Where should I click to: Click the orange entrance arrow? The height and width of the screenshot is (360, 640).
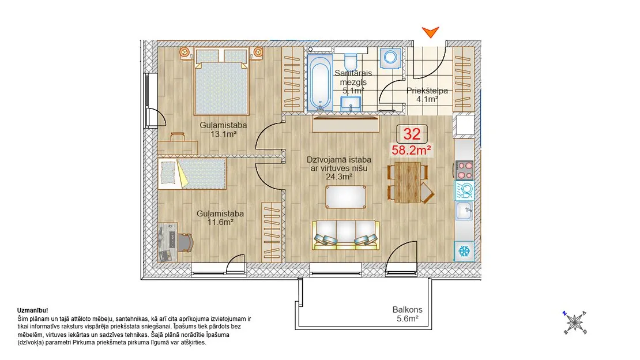pyautogui.click(x=430, y=32)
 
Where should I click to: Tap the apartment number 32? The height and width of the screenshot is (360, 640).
pyautogui.click(x=412, y=134)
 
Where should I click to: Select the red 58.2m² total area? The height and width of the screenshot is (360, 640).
pyautogui.click(x=412, y=150)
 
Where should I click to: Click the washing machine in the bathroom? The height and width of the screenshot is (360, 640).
pyautogui.click(x=390, y=58)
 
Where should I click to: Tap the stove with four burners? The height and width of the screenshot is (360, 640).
pyautogui.click(x=465, y=170)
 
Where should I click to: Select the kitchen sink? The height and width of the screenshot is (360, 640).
pyautogui.click(x=465, y=211)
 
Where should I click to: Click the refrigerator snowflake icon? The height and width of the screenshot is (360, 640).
pyautogui.click(x=464, y=251)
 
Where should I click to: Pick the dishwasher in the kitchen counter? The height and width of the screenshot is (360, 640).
pyautogui.click(x=465, y=190)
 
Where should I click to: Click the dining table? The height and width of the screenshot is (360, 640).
pyautogui.click(x=408, y=182)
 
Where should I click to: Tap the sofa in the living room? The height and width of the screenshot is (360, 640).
pyautogui.click(x=346, y=235)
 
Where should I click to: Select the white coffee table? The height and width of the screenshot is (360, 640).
pyautogui.click(x=346, y=197)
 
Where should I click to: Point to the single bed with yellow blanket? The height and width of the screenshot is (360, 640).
pyautogui.click(x=192, y=174)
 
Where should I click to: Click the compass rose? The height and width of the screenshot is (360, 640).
pyautogui.click(x=575, y=322)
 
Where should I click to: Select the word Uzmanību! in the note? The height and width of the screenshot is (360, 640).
pyautogui.click(x=33, y=310)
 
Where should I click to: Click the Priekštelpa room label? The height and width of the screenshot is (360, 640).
pyautogui.click(x=427, y=91)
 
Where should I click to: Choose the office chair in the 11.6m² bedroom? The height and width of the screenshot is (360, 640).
pyautogui.click(x=185, y=243)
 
